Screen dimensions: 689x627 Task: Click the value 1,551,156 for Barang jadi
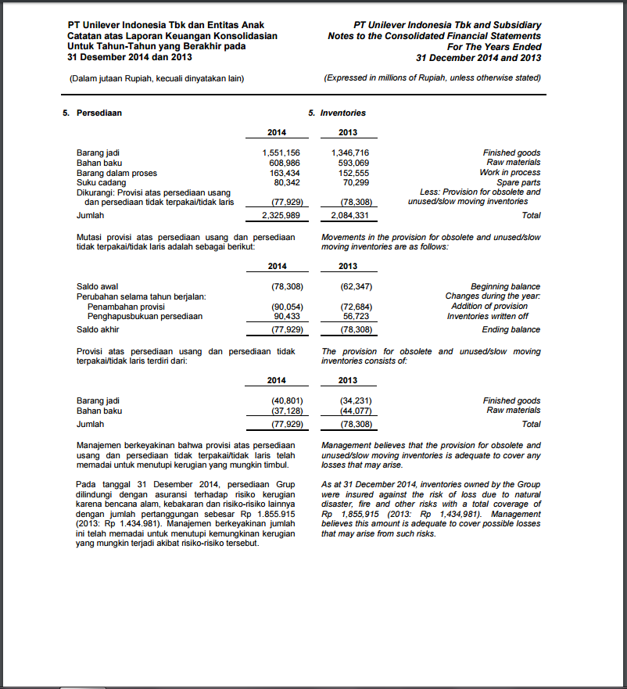tap(281, 153)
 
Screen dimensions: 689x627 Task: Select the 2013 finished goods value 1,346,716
tap(350, 153)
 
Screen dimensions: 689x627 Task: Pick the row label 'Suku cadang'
tap(99, 182)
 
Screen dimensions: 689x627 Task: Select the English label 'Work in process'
tap(510, 172)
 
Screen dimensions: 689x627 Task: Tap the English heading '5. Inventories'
tap(337, 113)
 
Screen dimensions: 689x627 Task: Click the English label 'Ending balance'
tap(511, 330)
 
